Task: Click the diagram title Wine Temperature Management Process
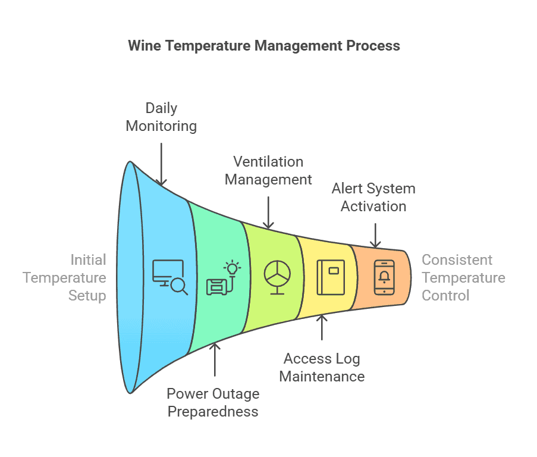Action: [x=264, y=46]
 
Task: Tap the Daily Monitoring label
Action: [x=161, y=117]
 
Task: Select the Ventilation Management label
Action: [x=268, y=170]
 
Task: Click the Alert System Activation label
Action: [x=373, y=198]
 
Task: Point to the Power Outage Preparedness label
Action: [x=213, y=402]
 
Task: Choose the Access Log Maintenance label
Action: [x=322, y=367]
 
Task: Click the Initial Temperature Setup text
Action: [x=87, y=277]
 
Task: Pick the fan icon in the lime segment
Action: [x=277, y=277]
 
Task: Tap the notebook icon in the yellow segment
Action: [x=330, y=277]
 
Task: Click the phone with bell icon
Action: [x=384, y=277]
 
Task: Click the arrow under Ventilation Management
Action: [x=268, y=211]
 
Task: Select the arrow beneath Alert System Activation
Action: [x=375, y=235]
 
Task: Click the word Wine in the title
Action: [x=145, y=46]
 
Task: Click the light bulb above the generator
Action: [x=231, y=268]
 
